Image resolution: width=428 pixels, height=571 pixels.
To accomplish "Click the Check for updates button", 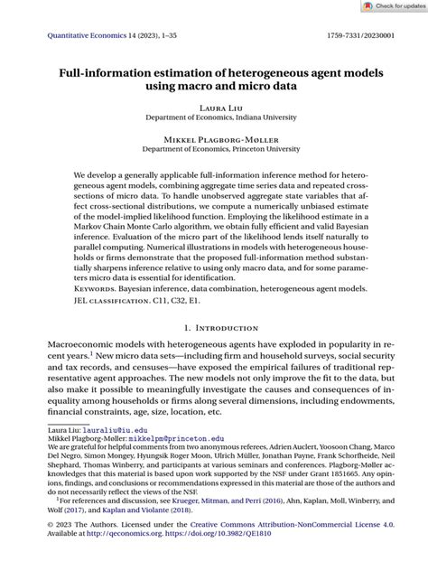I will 390,6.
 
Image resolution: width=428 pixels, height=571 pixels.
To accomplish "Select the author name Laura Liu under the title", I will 214,108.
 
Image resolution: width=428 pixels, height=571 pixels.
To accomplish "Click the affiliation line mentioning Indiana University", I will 214,118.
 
